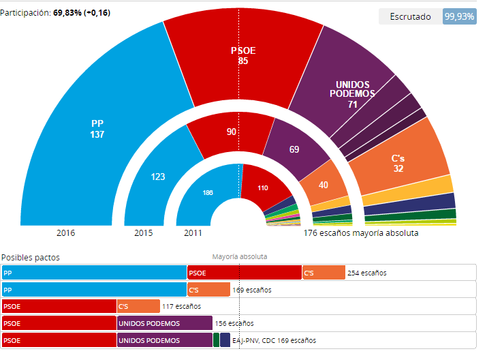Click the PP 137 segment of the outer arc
(x=97, y=129)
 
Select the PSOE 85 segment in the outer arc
(x=243, y=55)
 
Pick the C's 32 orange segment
(x=398, y=162)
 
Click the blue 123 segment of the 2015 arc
(x=157, y=177)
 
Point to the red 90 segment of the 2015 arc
(x=232, y=131)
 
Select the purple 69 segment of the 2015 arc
(x=294, y=149)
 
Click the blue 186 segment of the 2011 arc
(x=208, y=193)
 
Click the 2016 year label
(x=65, y=233)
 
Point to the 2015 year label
(x=144, y=233)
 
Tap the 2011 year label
(x=193, y=233)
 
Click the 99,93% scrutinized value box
(x=459, y=16)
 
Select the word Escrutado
(x=410, y=16)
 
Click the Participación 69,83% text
(x=56, y=13)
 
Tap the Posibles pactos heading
(x=31, y=257)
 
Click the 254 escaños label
(x=367, y=273)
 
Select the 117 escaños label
(x=181, y=306)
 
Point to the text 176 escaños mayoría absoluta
(x=361, y=233)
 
